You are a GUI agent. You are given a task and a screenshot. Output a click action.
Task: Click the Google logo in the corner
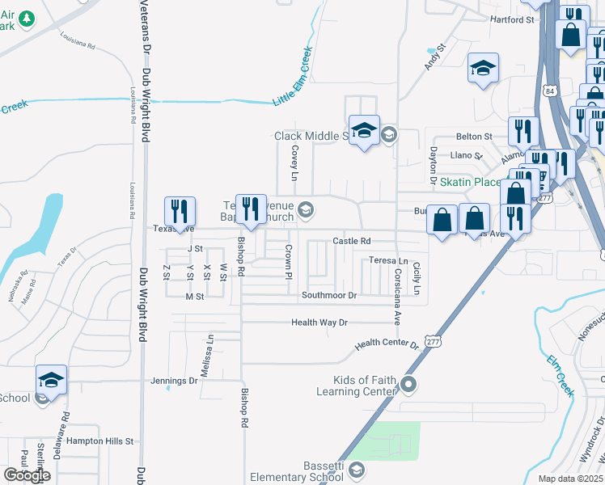click(x=27, y=474)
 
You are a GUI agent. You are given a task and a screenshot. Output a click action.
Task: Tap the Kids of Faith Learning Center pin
click(x=409, y=385)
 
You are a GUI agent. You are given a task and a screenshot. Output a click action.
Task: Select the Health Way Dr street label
click(x=319, y=323)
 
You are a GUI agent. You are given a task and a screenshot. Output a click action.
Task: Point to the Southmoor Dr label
click(x=329, y=296)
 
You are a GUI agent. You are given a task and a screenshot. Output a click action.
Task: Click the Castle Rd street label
click(x=352, y=241)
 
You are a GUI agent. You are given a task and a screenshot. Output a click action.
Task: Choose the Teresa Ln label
click(x=388, y=261)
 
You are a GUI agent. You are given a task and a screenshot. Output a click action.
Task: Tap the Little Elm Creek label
click(x=292, y=77)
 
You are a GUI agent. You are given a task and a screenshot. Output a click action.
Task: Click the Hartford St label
click(x=513, y=19)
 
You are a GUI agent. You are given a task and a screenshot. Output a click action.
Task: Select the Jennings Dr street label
click(x=175, y=380)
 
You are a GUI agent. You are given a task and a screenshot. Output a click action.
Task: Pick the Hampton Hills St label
click(x=99, y=441)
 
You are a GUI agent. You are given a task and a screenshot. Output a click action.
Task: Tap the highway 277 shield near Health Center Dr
click(x=433, y=343)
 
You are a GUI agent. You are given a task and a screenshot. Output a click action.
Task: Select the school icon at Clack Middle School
click(x=364, y=130)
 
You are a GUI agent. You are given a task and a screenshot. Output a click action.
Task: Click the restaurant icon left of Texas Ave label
click(x=180, y=212)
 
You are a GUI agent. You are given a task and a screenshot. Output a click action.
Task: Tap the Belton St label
click(x=474, y=137)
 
